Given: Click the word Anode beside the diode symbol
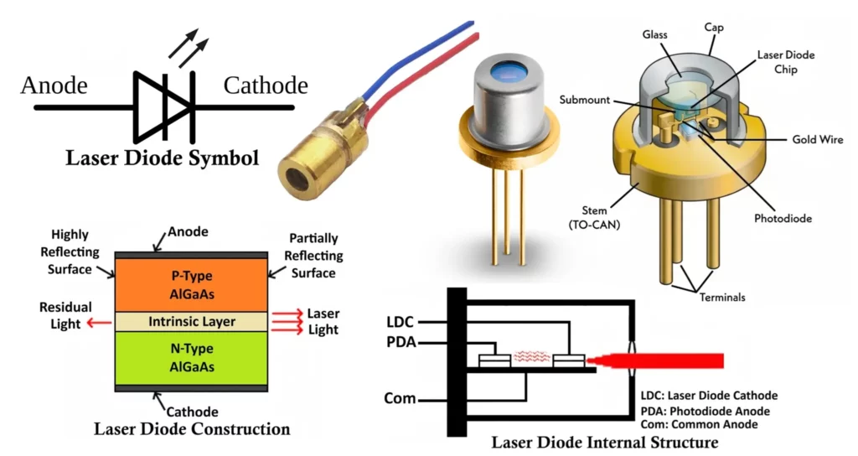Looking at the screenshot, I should tap(54, 85).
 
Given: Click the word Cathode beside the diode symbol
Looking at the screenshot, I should tap(266, 85).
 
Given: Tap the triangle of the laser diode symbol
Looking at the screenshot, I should tap(154, 106).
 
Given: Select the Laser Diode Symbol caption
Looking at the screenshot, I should tap(163, 158).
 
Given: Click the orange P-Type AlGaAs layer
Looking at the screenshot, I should tap(192, 283).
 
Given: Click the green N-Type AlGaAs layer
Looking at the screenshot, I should tap(192, 357).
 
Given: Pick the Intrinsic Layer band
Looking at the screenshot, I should tap(192, 321).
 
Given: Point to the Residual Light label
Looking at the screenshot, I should tap(65, 316).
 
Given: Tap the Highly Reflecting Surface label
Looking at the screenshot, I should tap(70, 252).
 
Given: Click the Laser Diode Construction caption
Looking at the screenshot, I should tap(192, 430).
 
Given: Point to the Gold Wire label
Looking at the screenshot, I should tap(817, 139).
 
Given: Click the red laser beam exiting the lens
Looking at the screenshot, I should tap(679, 360).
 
